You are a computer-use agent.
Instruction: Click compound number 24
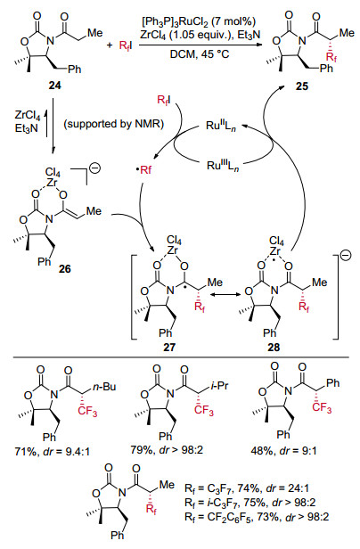[x=54, y=85]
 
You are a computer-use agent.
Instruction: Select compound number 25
[x=302, y=86]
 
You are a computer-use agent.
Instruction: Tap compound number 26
[x=65, y=269]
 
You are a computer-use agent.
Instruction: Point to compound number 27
[x=168, y=347]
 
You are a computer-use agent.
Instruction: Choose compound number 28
[x=274, y=347]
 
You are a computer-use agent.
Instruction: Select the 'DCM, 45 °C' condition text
[x=200, y=54]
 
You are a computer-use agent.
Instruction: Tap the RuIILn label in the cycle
[x=221, y=126]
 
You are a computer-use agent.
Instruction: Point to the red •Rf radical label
[x=144, y=170]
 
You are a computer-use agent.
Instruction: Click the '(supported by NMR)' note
[x=114, y=124]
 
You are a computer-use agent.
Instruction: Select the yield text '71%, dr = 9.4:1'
[x=53, y=451]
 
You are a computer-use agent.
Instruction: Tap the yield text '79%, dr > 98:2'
[x=167, y=449]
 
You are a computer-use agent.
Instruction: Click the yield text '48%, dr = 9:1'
[x=283, y=451]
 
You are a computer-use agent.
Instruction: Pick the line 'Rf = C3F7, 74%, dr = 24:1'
[x=247, y=488]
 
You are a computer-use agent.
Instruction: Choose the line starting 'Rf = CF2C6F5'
[x=257, y=517]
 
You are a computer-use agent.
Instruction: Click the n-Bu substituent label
[x=104, y=387]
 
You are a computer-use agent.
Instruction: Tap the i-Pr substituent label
[x=219, y=386]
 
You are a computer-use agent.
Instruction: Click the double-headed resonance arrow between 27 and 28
[x=225, y=295]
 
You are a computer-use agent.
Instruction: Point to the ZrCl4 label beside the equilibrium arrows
[x=28, y=115]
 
